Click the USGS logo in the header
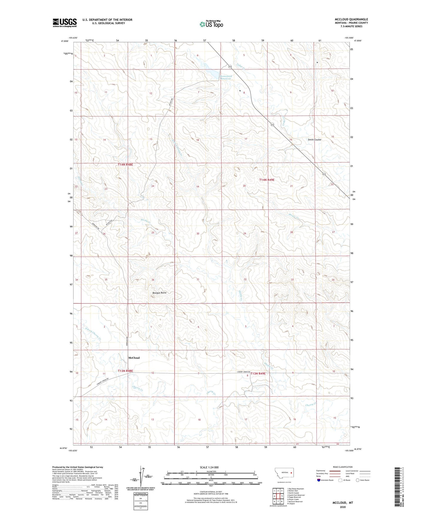coord(65,23)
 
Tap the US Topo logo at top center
coord(211,24)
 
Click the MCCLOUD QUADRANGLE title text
coord(351,19)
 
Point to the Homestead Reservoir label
coord(226,78)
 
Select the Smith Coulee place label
coord(314,140)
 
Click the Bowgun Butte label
coord(159,293)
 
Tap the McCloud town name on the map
coord(134,358)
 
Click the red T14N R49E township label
coord(266,180)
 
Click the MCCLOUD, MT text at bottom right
coord(343,503)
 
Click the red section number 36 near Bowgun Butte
coord(153,280)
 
